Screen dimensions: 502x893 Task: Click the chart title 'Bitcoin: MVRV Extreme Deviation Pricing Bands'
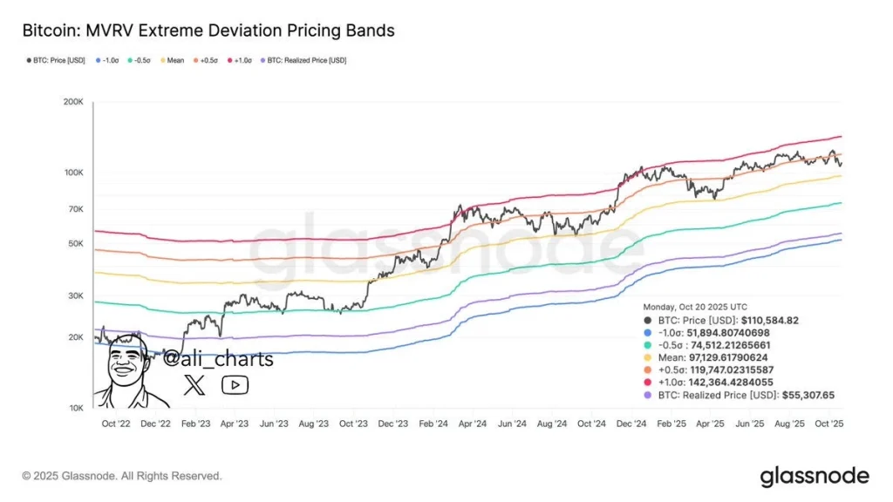(208, 31)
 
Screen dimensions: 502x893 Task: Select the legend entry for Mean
(172, 61)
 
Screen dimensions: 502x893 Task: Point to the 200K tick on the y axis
(72, 102)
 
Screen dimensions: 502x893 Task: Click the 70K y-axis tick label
(74, 209)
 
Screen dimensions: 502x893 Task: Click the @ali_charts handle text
(218, 359)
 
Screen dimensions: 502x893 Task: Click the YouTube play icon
(235, 384)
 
